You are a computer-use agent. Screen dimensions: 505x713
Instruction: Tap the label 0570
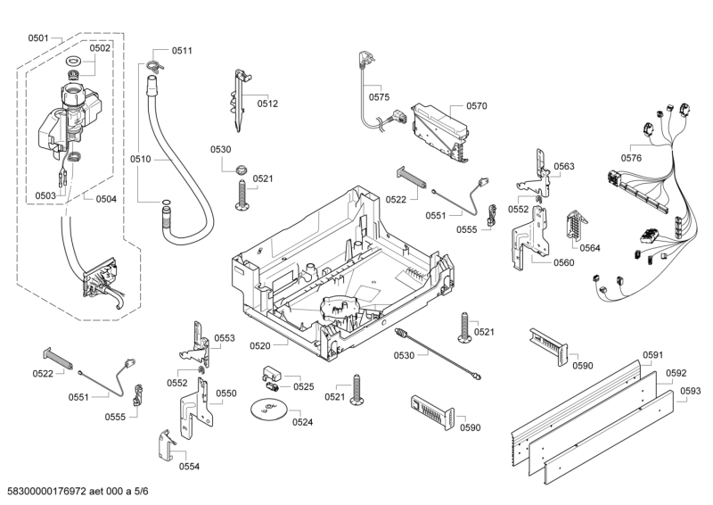pos(476,106)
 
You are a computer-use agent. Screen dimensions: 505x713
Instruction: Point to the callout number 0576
pos(631,158)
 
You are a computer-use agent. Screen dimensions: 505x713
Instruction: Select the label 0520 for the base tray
pos(261,345)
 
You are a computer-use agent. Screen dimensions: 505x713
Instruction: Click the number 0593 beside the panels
pos(690,391)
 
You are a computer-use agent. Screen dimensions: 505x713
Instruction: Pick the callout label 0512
pos(267,103)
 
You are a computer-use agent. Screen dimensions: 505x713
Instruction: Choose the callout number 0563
pos(563,167)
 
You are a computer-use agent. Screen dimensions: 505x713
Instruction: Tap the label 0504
pos(106,199)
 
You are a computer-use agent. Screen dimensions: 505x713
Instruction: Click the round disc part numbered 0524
pos(266,410)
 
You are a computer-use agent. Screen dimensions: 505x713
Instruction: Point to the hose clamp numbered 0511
pos(156,63)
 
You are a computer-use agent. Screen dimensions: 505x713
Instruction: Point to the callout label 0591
pos(653,355)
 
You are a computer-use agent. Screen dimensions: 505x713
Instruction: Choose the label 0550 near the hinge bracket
pos(226,393)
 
